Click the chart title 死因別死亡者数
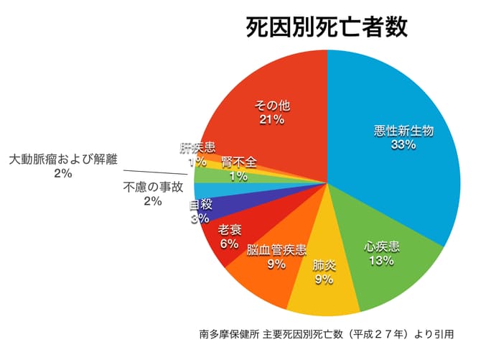pyautogui.click(x=327, y=28)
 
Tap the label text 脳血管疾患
pyautogui.click(x=276, y=251)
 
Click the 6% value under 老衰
pyautogui.click(x=229, y=244)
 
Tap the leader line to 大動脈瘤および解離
pyautogui.click(x=158, y=172)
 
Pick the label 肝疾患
pyautogui.click(x=197, y=148)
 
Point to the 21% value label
pyautogui.click(x=272, y=120)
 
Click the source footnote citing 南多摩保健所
pyautogui.click(x=327, y=333)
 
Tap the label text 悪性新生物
pyautogui.click(x=404, y=131)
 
